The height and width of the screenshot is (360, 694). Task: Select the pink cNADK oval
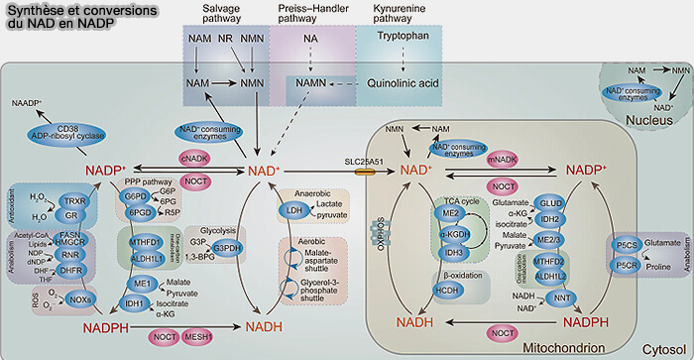[x=194, y=157]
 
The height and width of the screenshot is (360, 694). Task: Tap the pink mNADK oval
[x=503, y=157]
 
